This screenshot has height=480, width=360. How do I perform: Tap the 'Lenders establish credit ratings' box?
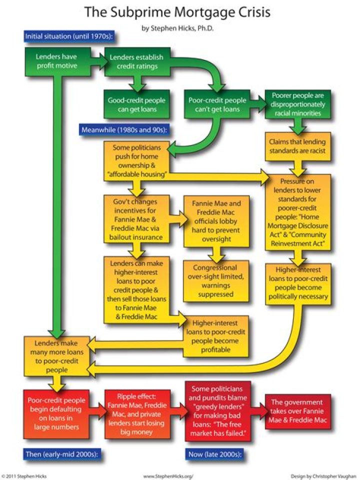135,61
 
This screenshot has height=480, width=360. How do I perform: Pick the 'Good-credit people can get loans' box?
136,104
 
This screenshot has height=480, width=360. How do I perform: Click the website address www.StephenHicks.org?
168,475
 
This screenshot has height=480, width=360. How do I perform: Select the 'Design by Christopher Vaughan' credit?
322,475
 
